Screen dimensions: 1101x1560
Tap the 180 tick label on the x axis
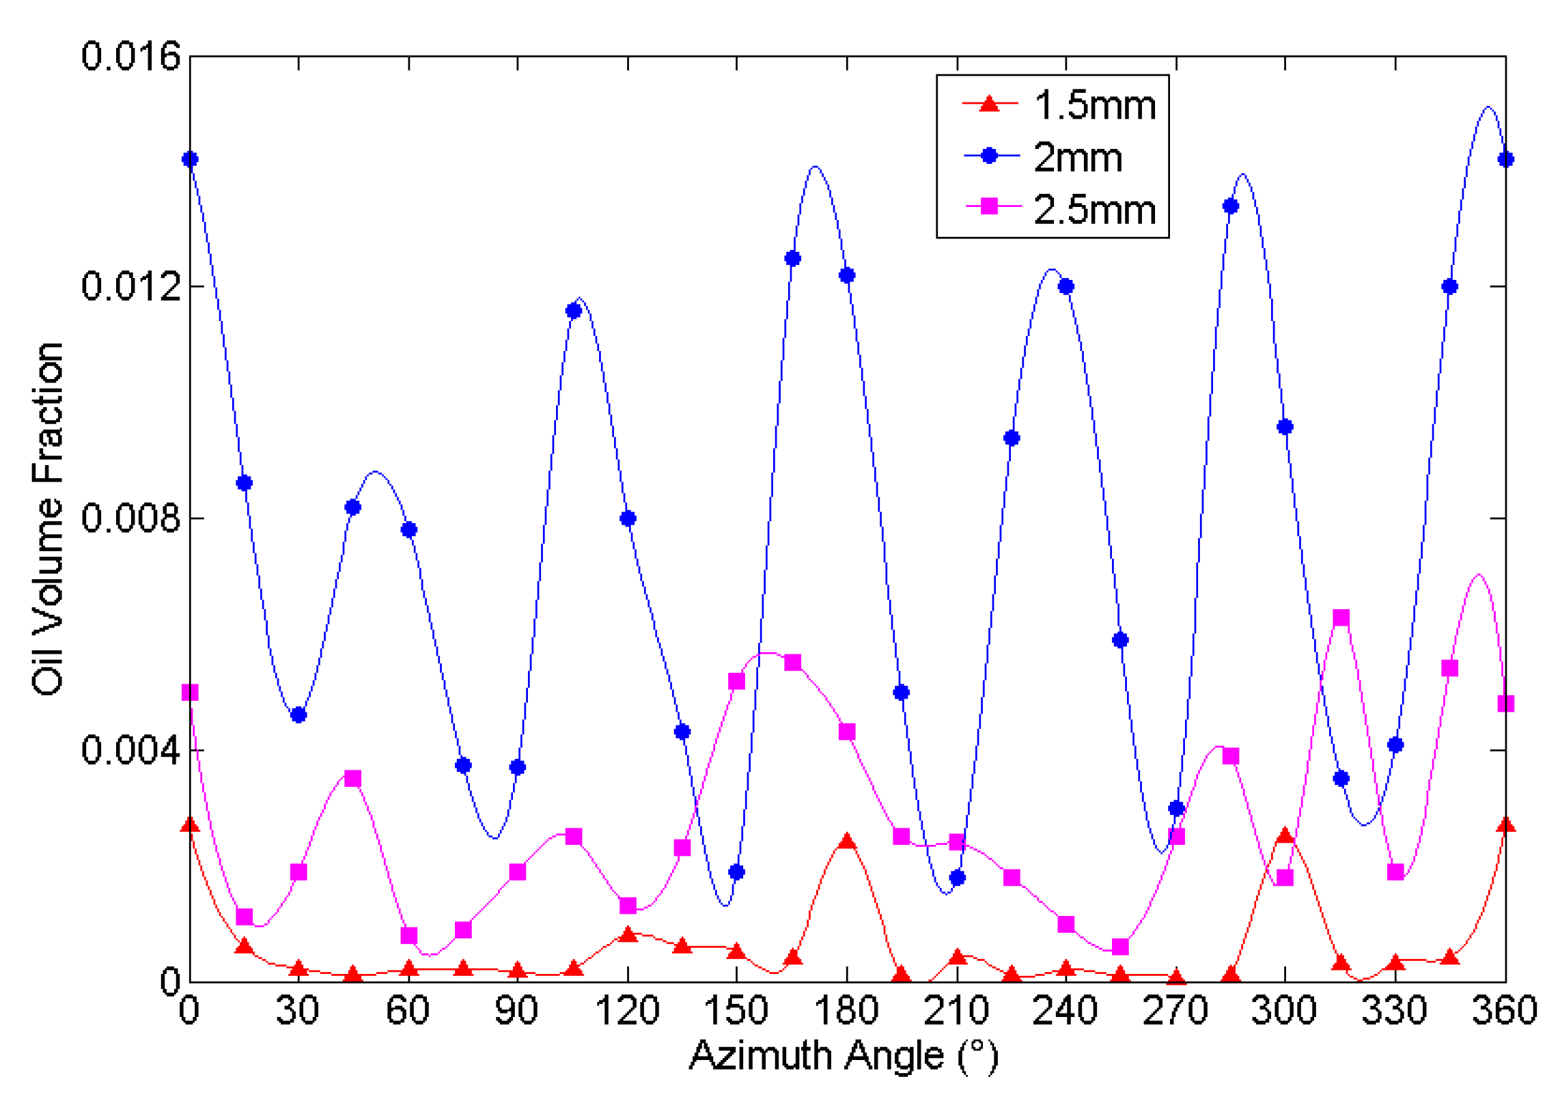point(846,1009)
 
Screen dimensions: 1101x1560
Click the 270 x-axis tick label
point(1175,1009)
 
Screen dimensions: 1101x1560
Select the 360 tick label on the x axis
point(1505,1009)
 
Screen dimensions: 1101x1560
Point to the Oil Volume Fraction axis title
point(48,519)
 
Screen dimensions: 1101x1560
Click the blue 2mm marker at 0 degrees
point(190,159)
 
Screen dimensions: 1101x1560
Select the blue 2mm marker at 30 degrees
point(298,715)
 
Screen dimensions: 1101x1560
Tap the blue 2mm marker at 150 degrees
point(736,872)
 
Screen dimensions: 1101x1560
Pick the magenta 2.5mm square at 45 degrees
point(352,779)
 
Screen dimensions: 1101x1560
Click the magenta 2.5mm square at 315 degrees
point(1341,617)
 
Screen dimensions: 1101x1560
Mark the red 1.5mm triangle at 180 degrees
point(847,841)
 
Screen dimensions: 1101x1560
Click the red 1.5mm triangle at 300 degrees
point(1285,835)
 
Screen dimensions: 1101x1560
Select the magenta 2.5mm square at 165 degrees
point(792,663)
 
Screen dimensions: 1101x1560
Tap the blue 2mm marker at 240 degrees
point(1065,286)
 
